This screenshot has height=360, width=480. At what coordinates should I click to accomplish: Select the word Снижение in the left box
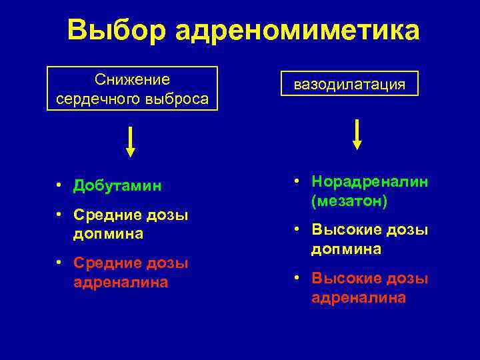(x=133, y=80)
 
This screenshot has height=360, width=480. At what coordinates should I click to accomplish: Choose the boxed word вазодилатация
(x=350, y=84)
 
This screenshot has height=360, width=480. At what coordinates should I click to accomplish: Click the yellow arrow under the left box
(x=131, y=141)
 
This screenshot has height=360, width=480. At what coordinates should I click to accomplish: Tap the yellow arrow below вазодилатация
(x=357, y=134)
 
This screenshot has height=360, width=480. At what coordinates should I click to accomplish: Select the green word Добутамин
(x=117, y=185)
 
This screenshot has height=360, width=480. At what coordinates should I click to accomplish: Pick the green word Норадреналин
(x=370, y=182)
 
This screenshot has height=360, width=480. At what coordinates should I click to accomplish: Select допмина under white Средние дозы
(x=109, y=234)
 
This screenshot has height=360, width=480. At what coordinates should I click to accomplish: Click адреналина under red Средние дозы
(x=121, y=283)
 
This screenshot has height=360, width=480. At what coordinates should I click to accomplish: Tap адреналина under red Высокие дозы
(x=358, y=298)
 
